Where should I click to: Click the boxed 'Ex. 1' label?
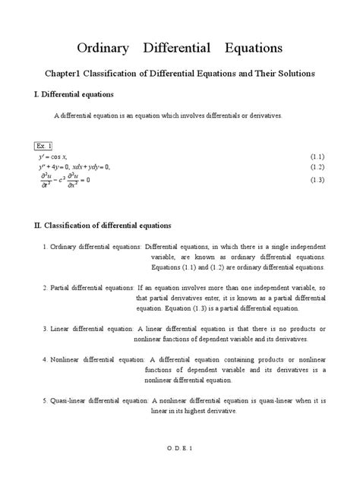pos(43,145)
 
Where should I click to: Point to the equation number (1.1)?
pos(317,156)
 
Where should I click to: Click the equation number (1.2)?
pos(317,166)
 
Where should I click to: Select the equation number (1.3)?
pos(317,180)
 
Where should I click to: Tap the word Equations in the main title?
pos(253,49)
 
